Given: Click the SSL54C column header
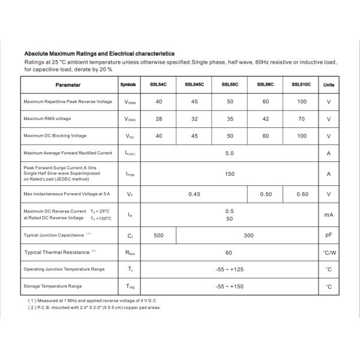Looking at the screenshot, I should [158, 85].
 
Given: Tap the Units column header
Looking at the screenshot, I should [329, 85].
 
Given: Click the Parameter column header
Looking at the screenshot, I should [68, 85].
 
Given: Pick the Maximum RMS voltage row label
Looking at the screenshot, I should [47, 119].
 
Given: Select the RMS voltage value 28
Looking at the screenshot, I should [158, 119].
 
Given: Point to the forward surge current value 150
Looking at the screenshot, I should [229, 173].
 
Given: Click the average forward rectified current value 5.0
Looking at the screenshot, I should [229, 153].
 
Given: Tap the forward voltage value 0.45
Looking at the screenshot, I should [194, 194].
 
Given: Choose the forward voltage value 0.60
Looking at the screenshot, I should [302, 194].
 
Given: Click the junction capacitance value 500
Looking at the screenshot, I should [158, 235].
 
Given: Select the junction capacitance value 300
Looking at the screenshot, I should [248, 235].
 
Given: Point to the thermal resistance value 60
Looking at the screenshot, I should [229, 253].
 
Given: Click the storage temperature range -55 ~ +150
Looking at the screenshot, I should [229, 287].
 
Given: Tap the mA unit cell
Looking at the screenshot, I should [329, 214].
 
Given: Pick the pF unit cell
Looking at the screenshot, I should [329, 235].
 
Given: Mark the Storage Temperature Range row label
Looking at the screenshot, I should [53, 286].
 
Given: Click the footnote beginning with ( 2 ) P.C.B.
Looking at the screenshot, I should [94, 307].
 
